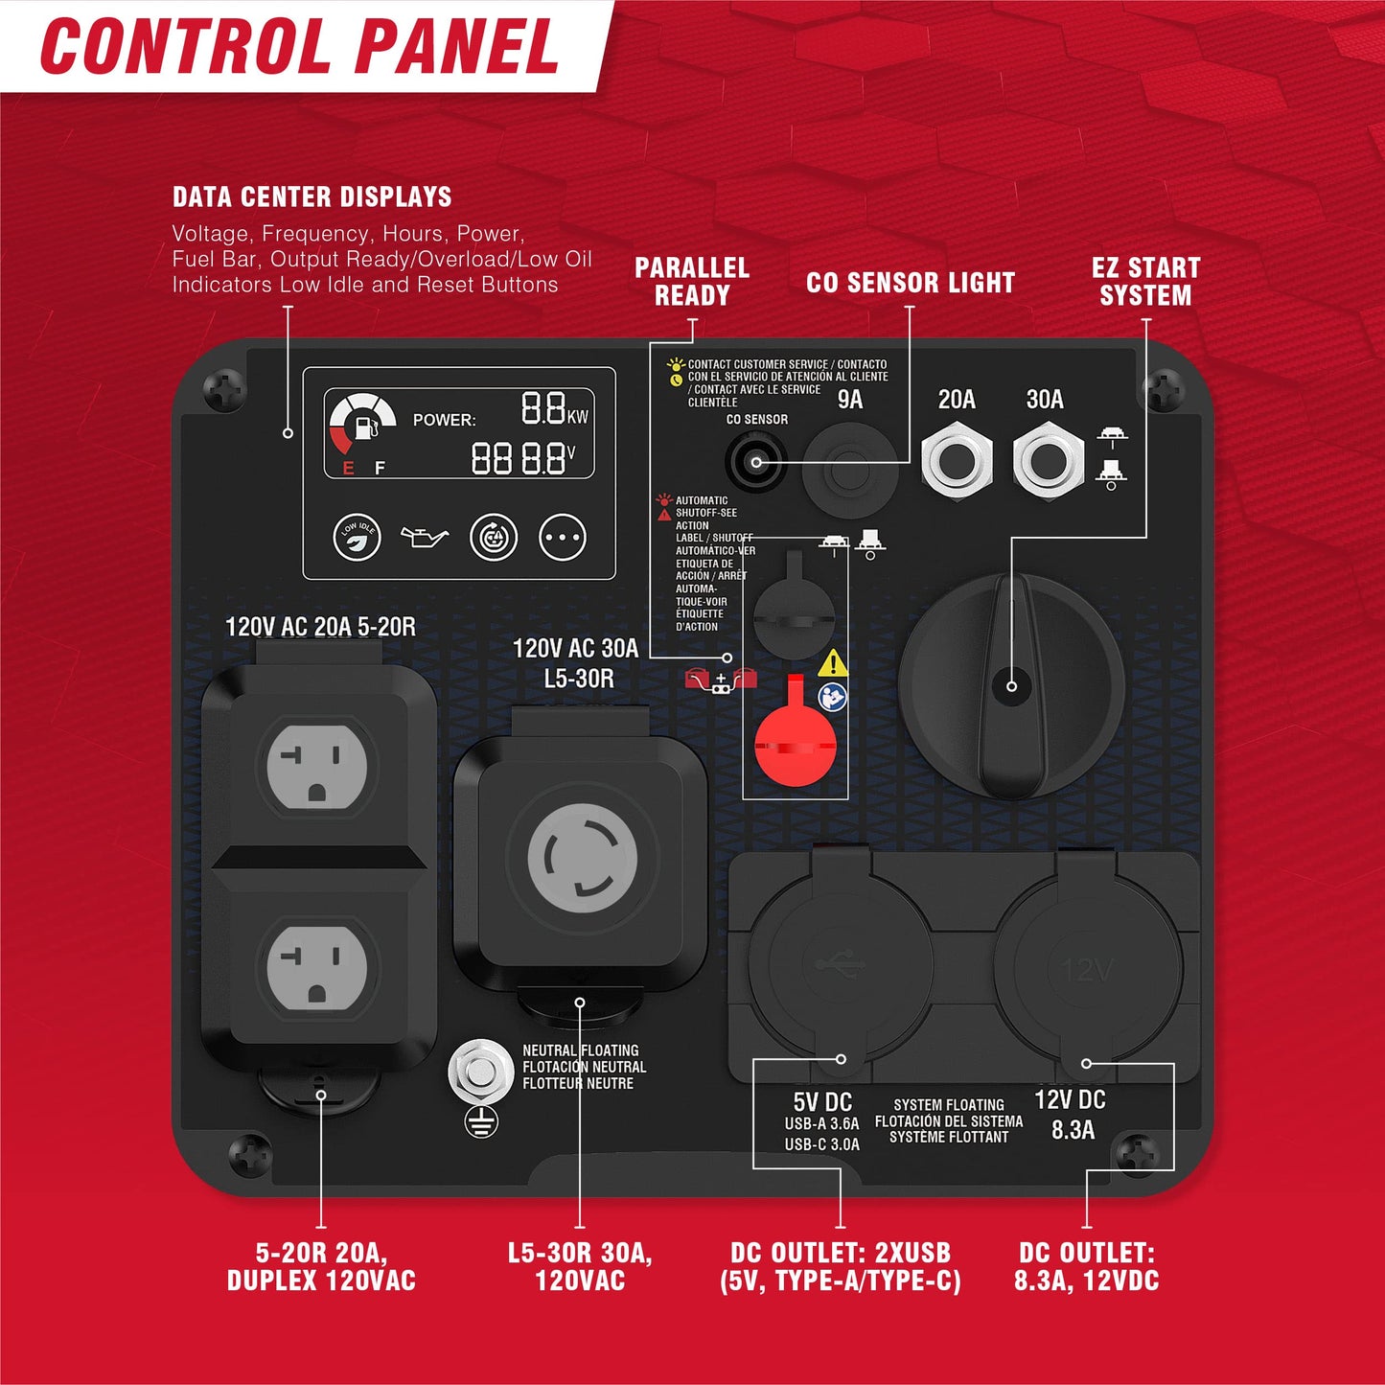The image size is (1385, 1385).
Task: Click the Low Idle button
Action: click(x=358, y=537)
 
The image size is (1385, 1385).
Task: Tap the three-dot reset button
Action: click(x=563, y=537)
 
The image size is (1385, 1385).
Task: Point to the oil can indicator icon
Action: click(x=424, y=536)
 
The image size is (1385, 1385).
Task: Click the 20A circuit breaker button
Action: click(x=957, y=461)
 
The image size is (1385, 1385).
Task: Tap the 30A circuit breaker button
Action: click(x=1048, y=461)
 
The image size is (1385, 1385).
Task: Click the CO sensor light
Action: click(x=755, y=462)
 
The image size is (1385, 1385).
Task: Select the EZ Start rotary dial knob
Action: click(x=1011, y=686)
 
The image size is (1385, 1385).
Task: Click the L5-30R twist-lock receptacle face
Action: click(x=582, y=859)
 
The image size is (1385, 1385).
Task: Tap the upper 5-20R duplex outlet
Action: click(x=317, y=766)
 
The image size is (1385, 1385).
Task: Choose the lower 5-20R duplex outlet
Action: click(x=317, y=967)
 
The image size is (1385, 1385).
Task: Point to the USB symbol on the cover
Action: click(x=840, y=963)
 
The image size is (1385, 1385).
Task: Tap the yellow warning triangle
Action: click(x=833, y=662)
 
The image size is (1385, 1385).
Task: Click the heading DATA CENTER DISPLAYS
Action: click(x=312, y=196)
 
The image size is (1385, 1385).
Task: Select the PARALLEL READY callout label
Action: click(x=692, y=281)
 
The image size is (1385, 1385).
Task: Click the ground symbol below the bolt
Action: click(x=481, y=1121)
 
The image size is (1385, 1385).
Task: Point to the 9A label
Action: click(x=850, y=399)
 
